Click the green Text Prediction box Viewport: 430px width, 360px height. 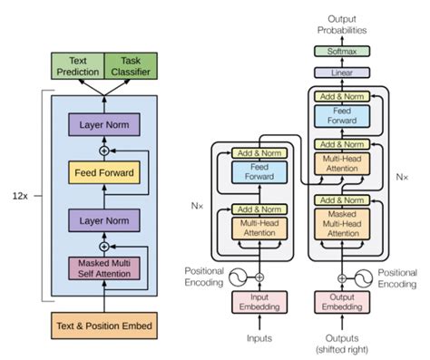click(x=78, y=65)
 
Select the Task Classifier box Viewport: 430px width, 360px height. click(x=132, y=65)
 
